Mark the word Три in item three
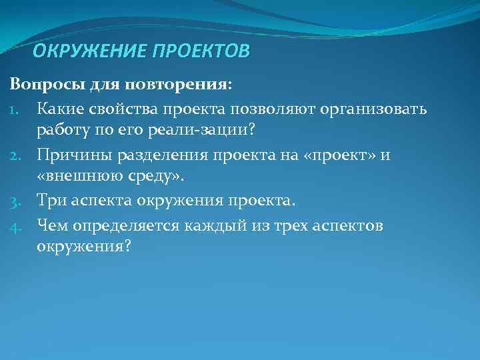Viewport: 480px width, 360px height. tap(50, 200)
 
